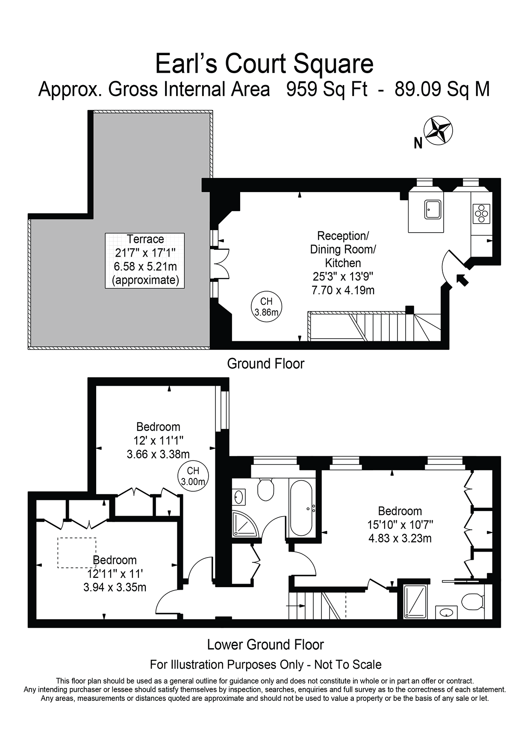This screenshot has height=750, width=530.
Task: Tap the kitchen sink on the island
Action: coord(433,210)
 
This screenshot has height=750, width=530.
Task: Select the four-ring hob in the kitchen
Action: coord(481,213)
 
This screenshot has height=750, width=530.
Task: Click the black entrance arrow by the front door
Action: coord(462,280)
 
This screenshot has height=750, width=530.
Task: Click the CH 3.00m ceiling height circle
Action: coord(193,476)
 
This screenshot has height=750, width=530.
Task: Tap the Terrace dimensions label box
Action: coord(145,260)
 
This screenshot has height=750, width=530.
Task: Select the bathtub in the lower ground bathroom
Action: coord(302,508)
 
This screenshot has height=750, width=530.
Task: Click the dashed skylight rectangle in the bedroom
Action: coord(77,552)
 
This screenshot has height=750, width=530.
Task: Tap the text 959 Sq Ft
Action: coord(327,90)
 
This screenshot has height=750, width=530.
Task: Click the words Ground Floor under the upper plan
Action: coord(265,364)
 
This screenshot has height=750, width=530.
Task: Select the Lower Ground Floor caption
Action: coord(265,644)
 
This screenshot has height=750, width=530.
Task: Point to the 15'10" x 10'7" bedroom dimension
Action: coord(400,524)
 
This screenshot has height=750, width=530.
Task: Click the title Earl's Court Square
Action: coord(264,64)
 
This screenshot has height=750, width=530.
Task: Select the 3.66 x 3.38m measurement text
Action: coord(158,454)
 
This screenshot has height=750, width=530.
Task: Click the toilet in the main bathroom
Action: coord(265,490)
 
